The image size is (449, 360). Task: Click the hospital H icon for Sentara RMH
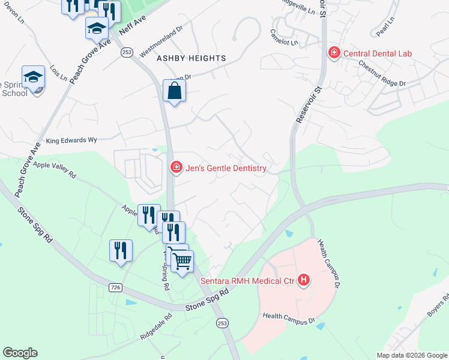(x=304, y=280)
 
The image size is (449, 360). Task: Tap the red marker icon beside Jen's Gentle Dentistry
(x=176, y=168)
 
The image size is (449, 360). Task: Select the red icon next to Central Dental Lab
(x=334, y=53)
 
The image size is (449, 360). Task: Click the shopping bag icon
(x=174, y=92)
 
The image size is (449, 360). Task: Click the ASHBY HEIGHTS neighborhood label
(x=191, y=58)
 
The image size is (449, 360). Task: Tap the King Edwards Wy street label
(x=71, y=140)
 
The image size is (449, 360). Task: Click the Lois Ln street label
(x=59, y=73)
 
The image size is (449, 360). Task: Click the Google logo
(x=20, y=353)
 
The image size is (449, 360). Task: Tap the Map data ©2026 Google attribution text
(x=412, y=355)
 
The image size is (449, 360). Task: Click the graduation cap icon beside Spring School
(x=34, y=77)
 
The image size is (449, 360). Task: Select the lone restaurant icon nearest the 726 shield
(x=121, y=250)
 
